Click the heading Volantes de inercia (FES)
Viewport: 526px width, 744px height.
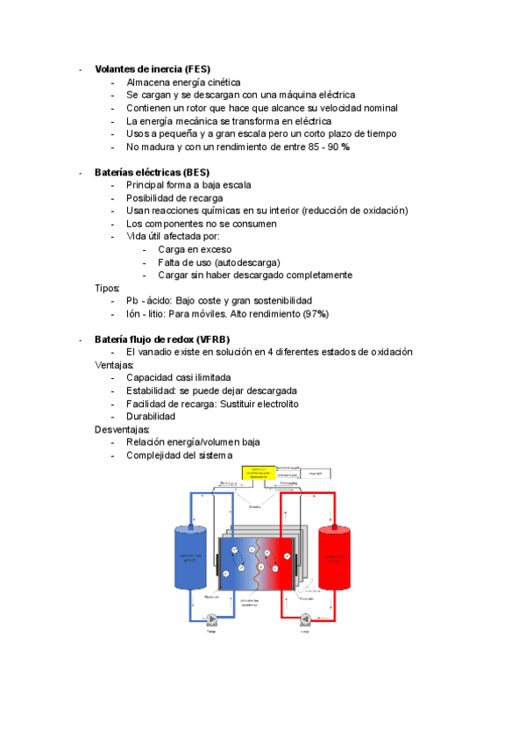pyautogui.click(x=153, y=69)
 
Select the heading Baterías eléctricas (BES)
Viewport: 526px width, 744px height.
pyautogui.click(x=152, y=172)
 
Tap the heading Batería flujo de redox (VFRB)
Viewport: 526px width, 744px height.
pyautogui.click(x=160, y=340)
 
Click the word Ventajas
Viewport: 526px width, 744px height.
pyautogui.click(x=115, y=365)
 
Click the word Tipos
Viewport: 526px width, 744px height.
pyautogui.click(x=108, y=288)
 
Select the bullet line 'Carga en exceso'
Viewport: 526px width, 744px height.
pyautogui.click(x=195, y=249)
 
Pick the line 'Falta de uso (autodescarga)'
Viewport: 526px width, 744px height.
pyautogui.click(x=219, y=262)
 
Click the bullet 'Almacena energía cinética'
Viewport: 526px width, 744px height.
pyautogui.click(x=183, y=82)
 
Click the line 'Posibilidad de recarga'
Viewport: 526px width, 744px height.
pyautogui.click(x=174, y=197)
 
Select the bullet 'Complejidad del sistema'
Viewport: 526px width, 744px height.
pyautogui.click(x=179, y=455)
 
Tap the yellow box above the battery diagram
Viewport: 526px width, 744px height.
pyautogui.click(x=258, y=473)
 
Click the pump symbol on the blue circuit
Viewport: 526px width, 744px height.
pyautogui.click(x=211, y=618)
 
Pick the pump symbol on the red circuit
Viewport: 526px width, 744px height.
pyautogui.click(x=305, y=618)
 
